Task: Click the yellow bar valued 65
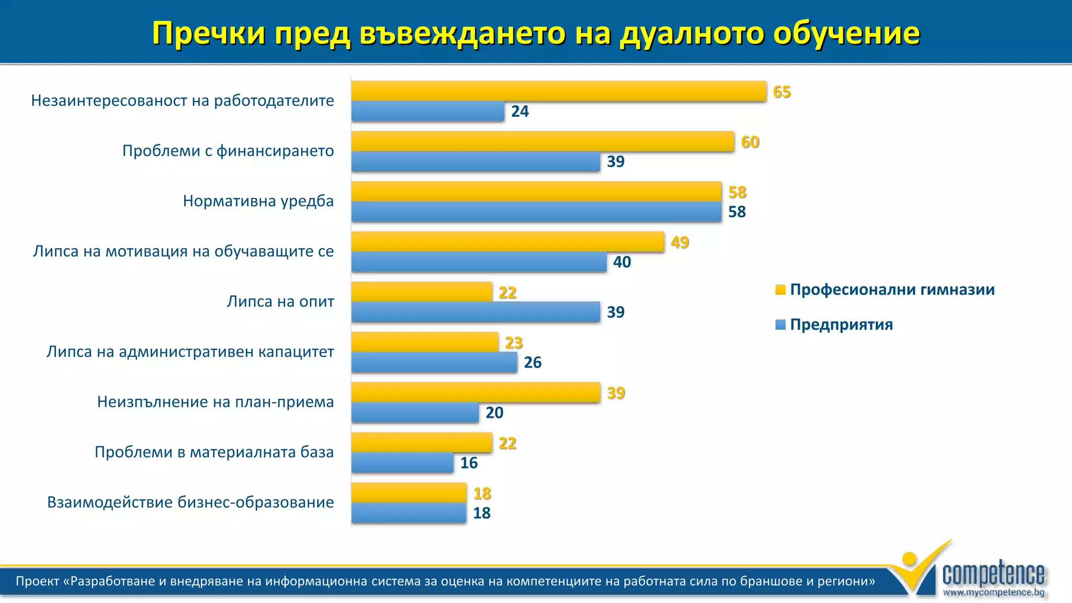tap(558, 91)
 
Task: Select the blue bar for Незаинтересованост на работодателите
tap(428, 111)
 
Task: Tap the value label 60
tap(750, 142)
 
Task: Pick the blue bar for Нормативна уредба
tap(536, 211)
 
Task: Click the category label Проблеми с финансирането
tap(228, 151)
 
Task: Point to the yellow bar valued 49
tap(507, 242)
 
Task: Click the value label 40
tap(622, 262)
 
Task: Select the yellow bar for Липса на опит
tap(421, 292)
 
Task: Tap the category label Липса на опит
tap(280, 301)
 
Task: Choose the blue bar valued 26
tap(434, 362)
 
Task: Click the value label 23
tap(513, 343)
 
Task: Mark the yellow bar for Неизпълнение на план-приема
tap(475, 392)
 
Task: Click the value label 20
tap(494, 412)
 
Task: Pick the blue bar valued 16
tap(402, 463)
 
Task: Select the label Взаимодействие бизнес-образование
tap(191, 502)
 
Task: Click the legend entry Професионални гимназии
tap(891, 289)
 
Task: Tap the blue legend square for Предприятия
tap(780, 325)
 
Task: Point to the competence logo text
tap(993, 574)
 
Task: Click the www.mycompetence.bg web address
tap(993, 593)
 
